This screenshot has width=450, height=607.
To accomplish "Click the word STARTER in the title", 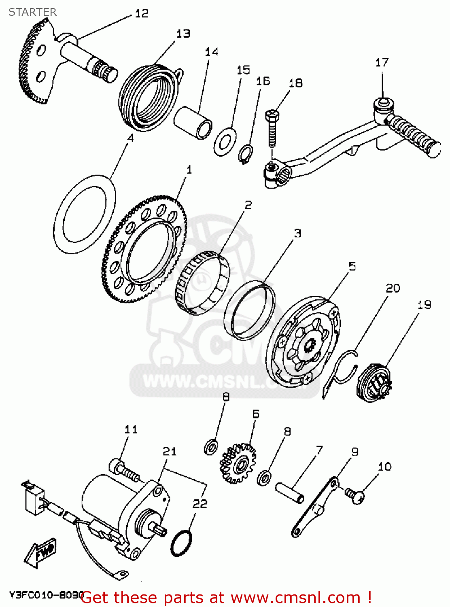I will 32,12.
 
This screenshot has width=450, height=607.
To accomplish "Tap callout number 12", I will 142,14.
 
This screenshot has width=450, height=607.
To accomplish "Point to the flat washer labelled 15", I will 225,141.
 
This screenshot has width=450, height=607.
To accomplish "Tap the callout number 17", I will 382,63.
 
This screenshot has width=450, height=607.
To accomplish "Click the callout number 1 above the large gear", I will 189,170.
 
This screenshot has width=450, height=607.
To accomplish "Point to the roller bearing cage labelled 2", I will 202,283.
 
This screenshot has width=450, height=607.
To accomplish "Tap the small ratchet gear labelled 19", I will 374,383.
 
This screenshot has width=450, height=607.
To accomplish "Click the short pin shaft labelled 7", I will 289,492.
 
